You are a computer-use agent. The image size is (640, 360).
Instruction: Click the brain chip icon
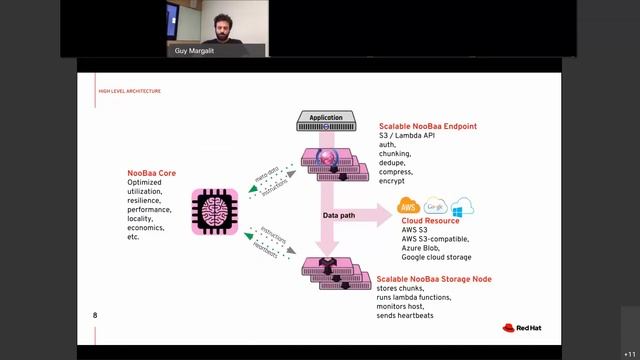coord(215,212)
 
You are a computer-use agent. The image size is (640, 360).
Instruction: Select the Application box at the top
coord(326,119)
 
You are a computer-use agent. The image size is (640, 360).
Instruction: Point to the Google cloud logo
coord(435,207)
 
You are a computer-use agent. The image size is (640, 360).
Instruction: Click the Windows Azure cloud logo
coord(461,207)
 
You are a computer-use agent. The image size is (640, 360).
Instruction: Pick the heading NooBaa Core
coord(152,173)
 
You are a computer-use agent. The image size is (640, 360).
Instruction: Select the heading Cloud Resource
coord(430,221)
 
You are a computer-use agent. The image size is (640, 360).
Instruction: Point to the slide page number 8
coord(95,316)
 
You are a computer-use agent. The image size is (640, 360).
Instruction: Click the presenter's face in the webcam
coord(217,22)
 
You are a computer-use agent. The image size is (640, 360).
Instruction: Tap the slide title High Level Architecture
coord(129,91)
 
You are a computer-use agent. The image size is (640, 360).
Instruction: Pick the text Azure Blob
coord(423,248)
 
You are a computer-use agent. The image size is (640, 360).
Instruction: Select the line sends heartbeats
coord(412,316)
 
